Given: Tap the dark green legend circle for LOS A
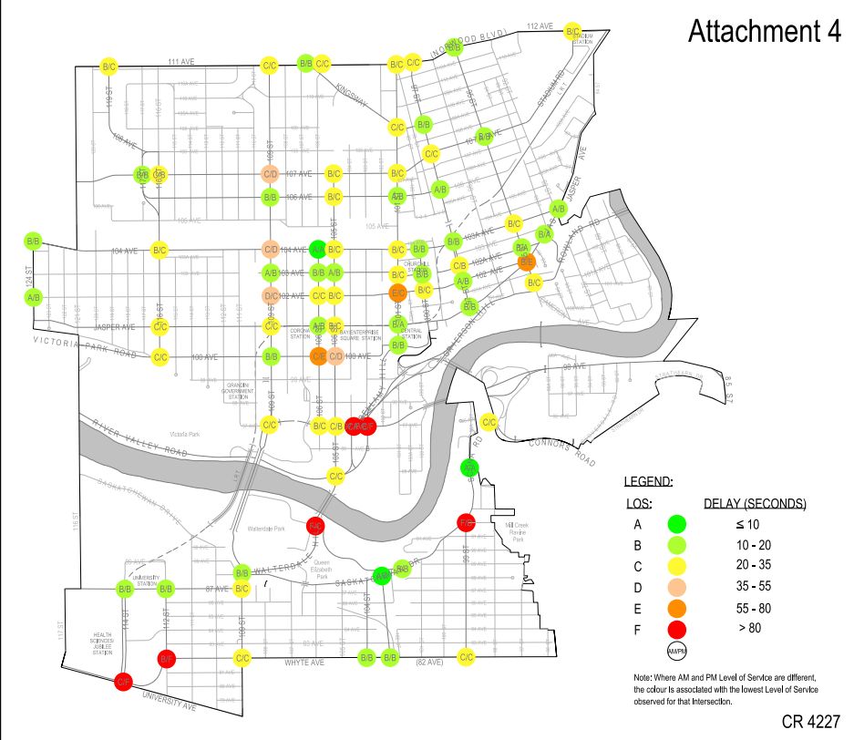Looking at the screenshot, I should coord(676,524).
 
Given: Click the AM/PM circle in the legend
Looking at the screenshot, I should coord(676,651).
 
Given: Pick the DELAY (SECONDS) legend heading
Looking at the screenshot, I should coord(755,503).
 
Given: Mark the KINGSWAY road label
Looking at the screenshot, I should coord(351,94).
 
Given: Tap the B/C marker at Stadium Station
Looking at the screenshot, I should coord(572,32).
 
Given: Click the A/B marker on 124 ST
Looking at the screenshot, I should coord(34,297).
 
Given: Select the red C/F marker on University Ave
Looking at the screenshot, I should coord(123,682).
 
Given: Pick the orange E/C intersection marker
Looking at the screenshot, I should coord(397,293).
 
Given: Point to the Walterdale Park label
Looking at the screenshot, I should coord(266,529).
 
